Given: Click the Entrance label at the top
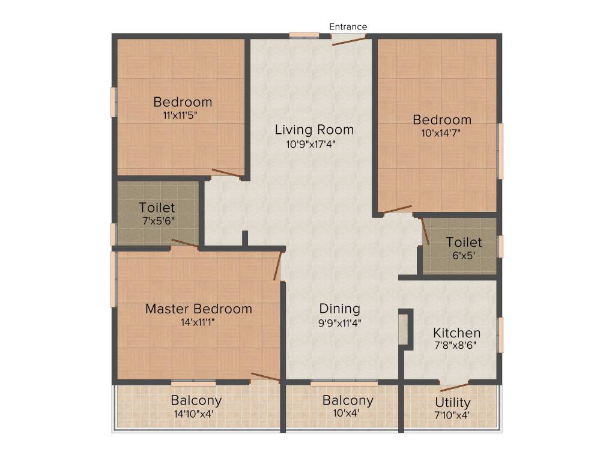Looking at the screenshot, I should (x=348, y=26).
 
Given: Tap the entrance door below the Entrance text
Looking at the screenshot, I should (x=349, y=40).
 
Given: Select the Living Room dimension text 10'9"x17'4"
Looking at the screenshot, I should (x=314, y=144).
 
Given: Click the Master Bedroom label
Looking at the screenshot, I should (x=199, y=309).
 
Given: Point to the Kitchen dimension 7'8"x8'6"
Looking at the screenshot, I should (x=457, y=346).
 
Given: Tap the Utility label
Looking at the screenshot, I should (x=453, y=403).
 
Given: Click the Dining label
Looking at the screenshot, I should (x=339, y=309).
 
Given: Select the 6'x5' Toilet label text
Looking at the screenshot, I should (x=464, y=243).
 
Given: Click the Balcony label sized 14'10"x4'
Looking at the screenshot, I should (x=196, y=400).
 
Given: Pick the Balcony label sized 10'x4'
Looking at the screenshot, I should (x=348, y=400).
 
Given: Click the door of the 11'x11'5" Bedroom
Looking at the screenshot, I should (x=228, y=174).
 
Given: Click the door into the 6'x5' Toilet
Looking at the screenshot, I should (x=425, y=231).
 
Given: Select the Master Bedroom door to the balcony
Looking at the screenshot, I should (x=265, y=378).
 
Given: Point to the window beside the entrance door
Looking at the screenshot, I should (x=304, y=35).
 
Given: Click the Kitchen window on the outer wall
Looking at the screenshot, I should (x=500, y=334).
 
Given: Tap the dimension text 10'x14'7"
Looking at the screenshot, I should (x=441, y=133).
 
